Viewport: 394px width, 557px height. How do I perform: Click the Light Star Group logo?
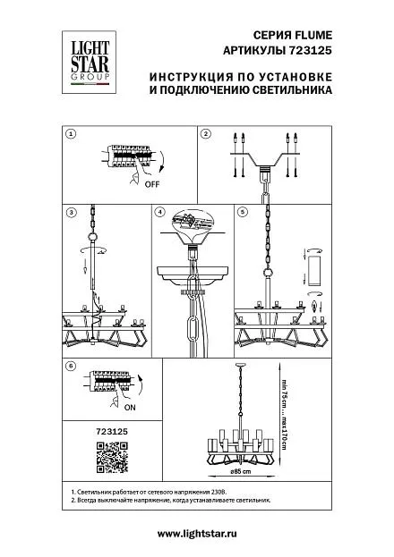(90, 63)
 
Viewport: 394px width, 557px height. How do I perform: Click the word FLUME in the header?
(313, 36)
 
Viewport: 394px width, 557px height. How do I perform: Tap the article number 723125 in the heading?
(309, 51)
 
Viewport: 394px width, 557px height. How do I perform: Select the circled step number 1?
(72, 134)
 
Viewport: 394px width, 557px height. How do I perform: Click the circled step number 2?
(206, 134)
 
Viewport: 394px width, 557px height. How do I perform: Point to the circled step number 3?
(72, 213)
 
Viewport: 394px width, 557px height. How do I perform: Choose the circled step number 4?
(160, 212)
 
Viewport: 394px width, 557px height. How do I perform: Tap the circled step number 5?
(243, 212)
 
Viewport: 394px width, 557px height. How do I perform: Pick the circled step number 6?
(72, 366)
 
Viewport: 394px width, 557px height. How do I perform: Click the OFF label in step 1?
(152, 184)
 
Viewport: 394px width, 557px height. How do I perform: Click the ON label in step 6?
(130, 408)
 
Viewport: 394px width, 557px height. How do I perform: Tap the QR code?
(112, 458)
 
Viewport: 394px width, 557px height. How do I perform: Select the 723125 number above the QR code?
(112, 432)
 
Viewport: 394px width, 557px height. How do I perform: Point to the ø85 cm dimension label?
(241, 472)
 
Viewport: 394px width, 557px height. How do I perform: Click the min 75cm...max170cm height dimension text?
(285, 413)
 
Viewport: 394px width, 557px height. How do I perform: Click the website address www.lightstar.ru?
(197, 534)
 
